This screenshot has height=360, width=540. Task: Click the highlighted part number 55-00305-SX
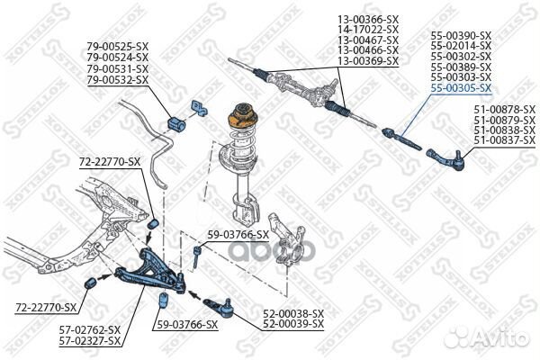(x=461, y=88)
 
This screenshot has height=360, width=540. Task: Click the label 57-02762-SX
(x=91, y=332)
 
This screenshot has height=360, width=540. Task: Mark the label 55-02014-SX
(x=461, y=45)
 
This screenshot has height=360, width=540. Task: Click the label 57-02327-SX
(x=91, y=343)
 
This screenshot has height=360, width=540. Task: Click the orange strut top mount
(x=243, y=115)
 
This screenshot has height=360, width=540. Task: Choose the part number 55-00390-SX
(x=461, y=34)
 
